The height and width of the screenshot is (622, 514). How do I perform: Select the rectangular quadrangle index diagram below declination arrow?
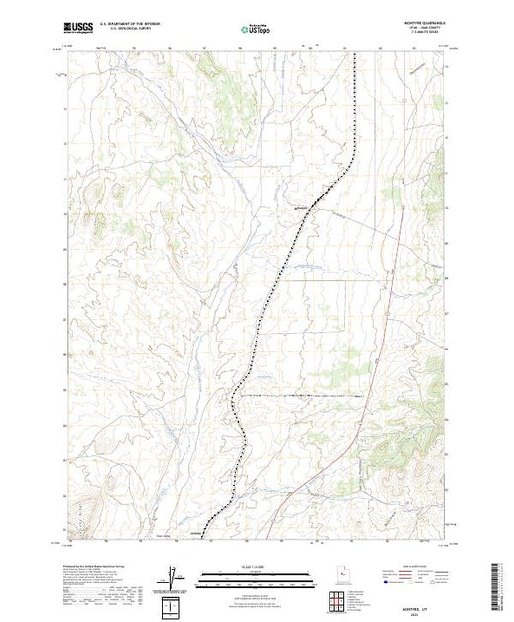tap(173, 602)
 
